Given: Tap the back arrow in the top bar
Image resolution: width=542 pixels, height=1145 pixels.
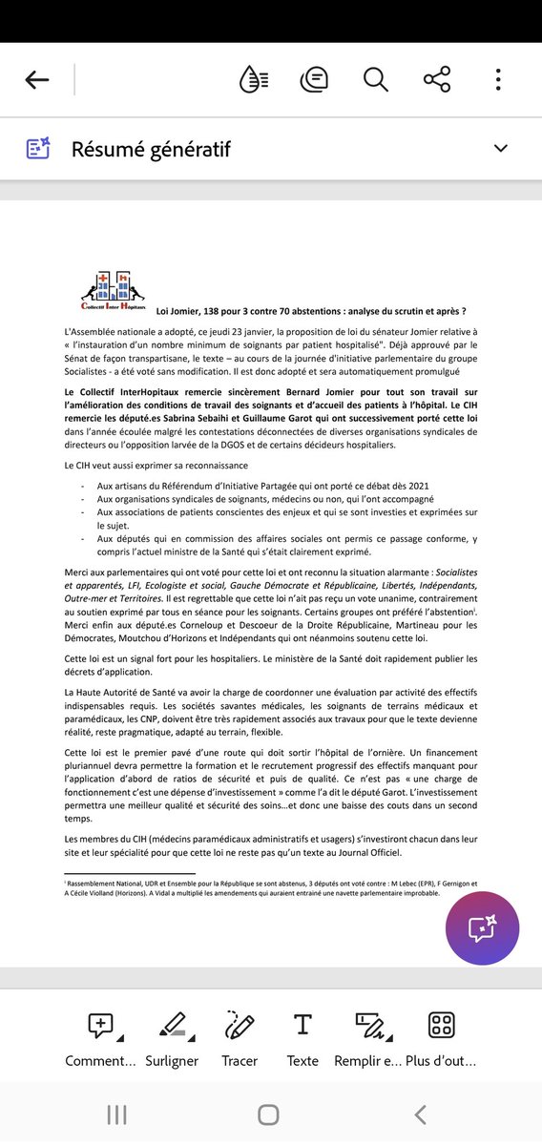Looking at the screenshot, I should pos(37,80).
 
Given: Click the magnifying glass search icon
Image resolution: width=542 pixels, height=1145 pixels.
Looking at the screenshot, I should pos(375,80).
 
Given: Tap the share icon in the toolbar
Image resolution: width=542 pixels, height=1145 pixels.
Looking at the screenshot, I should pos(436,80).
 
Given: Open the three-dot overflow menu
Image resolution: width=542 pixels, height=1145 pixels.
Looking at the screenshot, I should pos(498,80).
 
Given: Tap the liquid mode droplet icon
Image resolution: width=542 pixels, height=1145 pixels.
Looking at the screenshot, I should pos(253,80).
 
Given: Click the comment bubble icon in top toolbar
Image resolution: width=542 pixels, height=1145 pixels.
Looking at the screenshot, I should pos(314,80).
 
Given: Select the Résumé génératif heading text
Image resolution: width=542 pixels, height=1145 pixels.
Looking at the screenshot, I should pos(151,150).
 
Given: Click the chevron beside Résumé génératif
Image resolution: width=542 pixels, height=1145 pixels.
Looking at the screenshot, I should pos(499,148).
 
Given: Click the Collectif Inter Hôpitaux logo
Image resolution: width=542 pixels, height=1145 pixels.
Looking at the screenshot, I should pos(114,292).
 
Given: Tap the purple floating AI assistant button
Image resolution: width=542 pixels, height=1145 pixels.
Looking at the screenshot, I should pos(482,928).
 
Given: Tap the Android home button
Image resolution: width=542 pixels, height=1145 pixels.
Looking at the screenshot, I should pos(269,1114).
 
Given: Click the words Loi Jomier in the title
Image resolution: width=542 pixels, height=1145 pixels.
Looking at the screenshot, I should pos(177,311).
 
